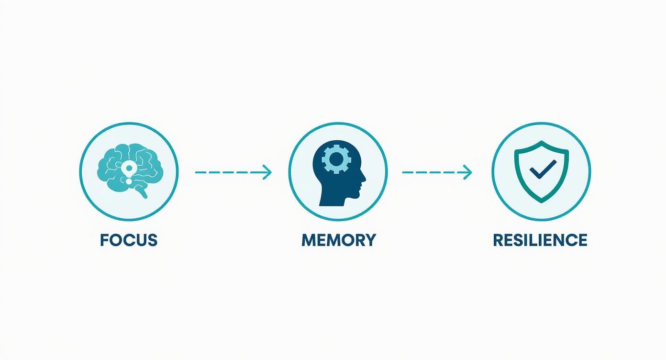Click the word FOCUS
click(129, 240)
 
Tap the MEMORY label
click(339, 240)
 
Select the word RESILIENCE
click(540, 240)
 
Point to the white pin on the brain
click(129, 169)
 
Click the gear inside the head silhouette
click(336, 159)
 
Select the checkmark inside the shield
click(543, 169)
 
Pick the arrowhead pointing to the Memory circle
click(267, 172)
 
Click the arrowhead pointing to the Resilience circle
click(468, 172)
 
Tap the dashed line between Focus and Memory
click(233, 172)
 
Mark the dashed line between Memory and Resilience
click(437, 172)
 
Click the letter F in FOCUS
click(104, 240)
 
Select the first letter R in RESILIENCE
click(499, 240)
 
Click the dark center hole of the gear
click(336, 159)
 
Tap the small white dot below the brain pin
click(129, 180)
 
